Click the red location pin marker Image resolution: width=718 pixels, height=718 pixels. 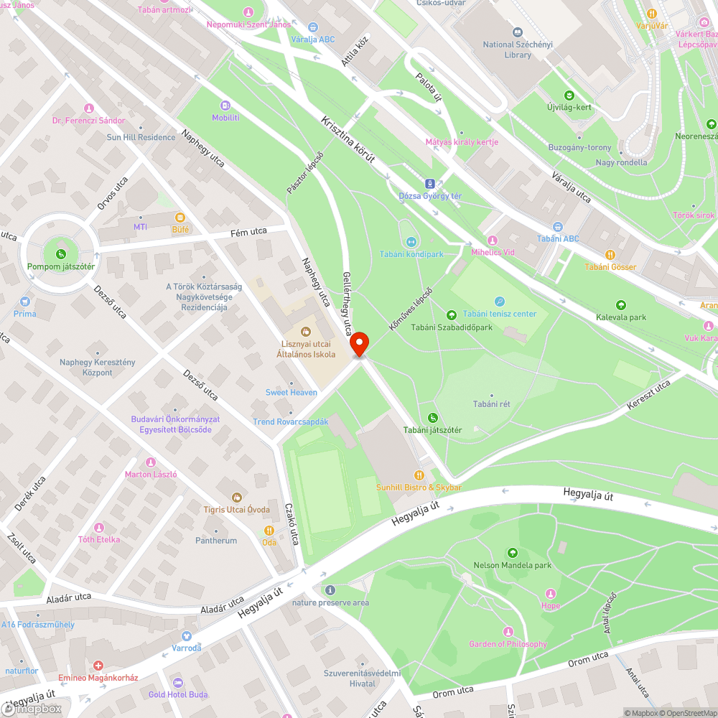point(358,343)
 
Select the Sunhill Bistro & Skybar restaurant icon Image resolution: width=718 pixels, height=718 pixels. point(419,475)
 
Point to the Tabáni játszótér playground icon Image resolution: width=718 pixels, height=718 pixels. point(432,418)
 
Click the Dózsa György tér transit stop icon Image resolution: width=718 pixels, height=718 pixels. point(430,183)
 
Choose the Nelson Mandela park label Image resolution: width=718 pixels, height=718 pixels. point(512,565)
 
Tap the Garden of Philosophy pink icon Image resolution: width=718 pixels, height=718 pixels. point(508,631)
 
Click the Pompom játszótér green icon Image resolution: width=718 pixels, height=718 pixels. point(61,253)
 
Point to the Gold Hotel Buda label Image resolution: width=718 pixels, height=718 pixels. point(178,694)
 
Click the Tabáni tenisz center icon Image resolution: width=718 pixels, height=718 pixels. point(500,302)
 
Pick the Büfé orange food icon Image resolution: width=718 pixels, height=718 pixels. point(180,217)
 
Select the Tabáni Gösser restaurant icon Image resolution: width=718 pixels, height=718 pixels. point(610,254)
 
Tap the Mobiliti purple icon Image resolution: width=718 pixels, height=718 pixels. point(225,105)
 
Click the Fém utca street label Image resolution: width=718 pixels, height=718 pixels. point(248,231)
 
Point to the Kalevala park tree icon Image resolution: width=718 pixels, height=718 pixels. point(621,305)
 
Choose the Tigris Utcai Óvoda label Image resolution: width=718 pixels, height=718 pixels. point(236,509)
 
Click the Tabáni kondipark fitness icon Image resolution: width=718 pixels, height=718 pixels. point(411,242)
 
